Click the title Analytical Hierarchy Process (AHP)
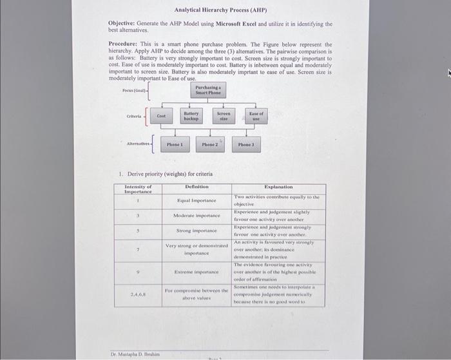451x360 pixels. [220, 10]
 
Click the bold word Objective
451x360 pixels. [121, 24]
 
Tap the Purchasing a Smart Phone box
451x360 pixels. [207, 91]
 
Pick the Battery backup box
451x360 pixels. [191, 116]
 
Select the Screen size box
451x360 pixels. [224, 116]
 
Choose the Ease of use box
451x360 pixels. [256, 116]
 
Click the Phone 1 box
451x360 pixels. [175, 145]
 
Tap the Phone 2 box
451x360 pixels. [209, 145]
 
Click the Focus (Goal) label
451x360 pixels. [135, 91]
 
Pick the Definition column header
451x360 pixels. [197, 187]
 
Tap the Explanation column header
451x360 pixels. [278, 187]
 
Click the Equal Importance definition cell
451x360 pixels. [197, 200]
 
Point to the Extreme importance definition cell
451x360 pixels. [197, 272]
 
